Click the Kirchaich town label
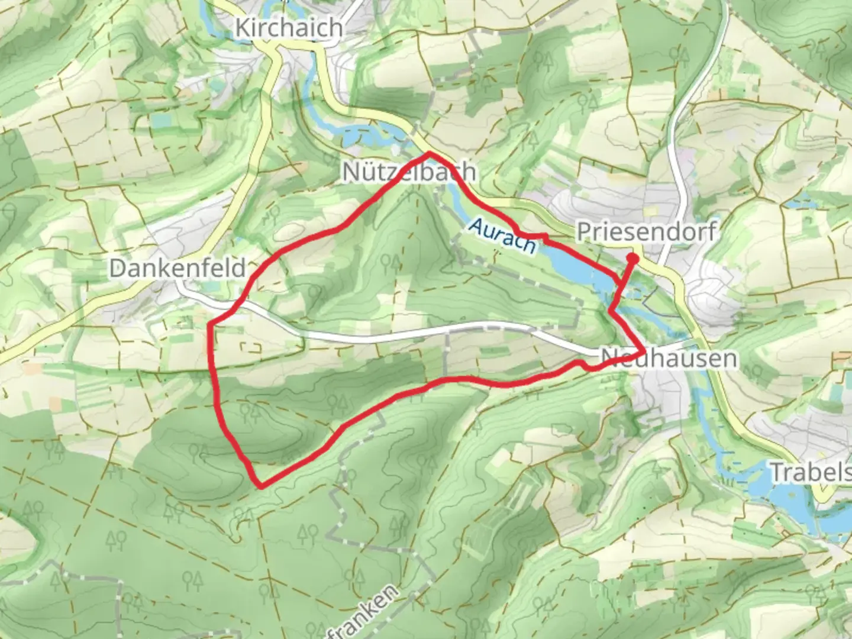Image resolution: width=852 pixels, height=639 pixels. (x=289, y=28)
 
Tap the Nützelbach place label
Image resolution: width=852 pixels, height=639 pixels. (x=408, y=172)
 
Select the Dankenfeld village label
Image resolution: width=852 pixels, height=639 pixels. (x=177, y=268)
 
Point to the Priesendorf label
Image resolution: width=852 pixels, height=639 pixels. (x=646, y=231)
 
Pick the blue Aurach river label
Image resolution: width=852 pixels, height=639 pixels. (x=503, y=235)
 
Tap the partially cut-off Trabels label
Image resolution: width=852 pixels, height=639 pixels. (x=811, y=472)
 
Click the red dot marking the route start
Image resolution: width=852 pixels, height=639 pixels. (x=632, y=258)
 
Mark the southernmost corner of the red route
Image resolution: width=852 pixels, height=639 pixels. (x=261, y=487)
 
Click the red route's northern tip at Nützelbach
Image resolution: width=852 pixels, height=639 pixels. (x=430, y=154)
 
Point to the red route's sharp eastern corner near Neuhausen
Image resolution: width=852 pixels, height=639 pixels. (x=643, y=353)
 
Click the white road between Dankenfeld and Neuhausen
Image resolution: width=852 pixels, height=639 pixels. (x=414, y=334)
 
